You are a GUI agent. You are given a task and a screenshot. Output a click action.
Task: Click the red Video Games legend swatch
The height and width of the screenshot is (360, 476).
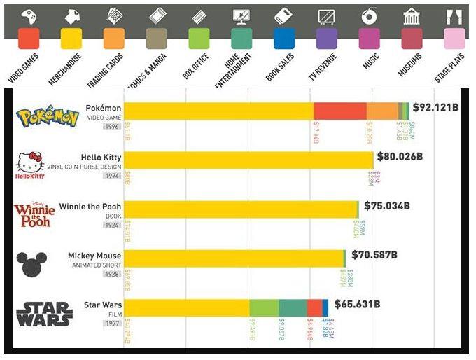click(x=28, y=39)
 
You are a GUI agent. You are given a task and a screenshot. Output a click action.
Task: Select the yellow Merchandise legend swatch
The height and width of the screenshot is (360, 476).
click(x=71, y=39)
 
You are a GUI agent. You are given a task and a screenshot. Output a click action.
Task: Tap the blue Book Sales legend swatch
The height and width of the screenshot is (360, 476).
click(x=284, y=39)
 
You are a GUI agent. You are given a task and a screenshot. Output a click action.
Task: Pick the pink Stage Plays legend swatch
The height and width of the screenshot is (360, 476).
click(x=454, y=39)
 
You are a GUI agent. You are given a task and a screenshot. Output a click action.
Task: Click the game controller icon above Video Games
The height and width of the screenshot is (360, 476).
click(x=28, y=15)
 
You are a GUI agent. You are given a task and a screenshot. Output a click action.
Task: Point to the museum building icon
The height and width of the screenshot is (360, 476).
click(x=412, y=15)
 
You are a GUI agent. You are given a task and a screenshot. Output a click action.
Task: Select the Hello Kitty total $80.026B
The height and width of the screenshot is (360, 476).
click(x=400, y=156)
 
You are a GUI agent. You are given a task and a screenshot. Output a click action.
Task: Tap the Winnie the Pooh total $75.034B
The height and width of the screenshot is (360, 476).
click(x=387, y=206)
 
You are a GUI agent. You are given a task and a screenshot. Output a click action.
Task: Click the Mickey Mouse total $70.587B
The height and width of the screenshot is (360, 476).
click(x=374, y=255)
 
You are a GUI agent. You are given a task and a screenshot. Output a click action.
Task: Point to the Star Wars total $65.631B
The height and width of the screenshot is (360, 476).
click(x=357, y=305)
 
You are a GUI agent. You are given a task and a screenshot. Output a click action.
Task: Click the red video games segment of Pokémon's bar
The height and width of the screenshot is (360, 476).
click(x=339, y=111)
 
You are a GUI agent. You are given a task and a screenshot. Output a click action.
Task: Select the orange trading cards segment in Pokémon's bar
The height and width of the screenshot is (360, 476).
click(x=382, y=111)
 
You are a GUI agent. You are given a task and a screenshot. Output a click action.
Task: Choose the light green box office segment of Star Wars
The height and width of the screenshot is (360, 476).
click(x=264, y=308)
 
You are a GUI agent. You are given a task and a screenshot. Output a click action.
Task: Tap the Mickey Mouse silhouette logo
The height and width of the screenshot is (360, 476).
click(x=31, y=263)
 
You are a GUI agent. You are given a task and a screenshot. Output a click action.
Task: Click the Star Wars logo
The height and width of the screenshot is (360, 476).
click(x=44, y=314)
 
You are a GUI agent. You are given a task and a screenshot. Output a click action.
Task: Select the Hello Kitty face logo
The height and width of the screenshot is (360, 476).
click(x=30, y=163)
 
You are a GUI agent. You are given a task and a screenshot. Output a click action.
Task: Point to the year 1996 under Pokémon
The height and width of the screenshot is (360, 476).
click(x=112, y=127)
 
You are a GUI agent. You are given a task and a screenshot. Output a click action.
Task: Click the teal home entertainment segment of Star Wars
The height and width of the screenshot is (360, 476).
click(x=293, y=308)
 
